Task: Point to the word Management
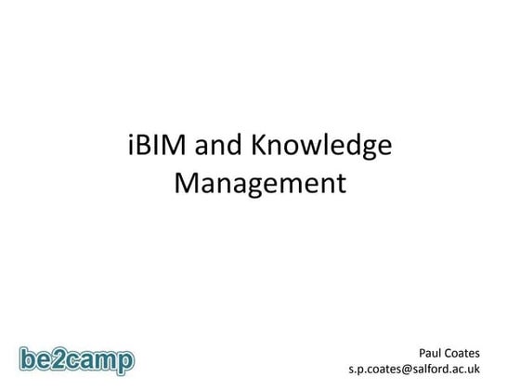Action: pyautogui.click(x=260, y=182)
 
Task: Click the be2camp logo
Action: pyautogui.click(x=76, y=358)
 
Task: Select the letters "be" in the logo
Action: pyautogui.click(x=38, y=357)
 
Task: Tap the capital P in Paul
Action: pyautogui.click(x=422, y=352)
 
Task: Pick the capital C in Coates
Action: pyautogui.click(x=454, y=352)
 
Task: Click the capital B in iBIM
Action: pyautogui.click(x=140, y=147)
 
